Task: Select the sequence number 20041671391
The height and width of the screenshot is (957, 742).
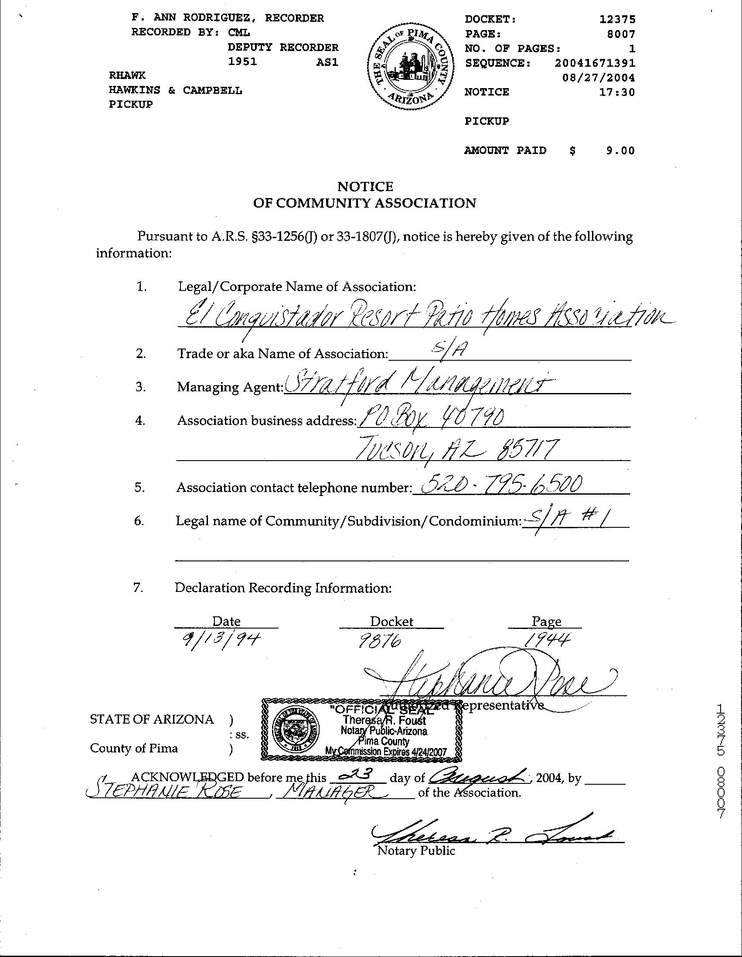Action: coord(594,63)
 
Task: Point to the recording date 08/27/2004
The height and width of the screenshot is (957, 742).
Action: coord(598,78)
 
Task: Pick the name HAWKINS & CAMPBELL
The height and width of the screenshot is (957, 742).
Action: coord(175,91)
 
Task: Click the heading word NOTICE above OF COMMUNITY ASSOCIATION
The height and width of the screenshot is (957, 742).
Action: coord(365,187)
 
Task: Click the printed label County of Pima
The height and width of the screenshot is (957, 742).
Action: coord(134,748)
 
